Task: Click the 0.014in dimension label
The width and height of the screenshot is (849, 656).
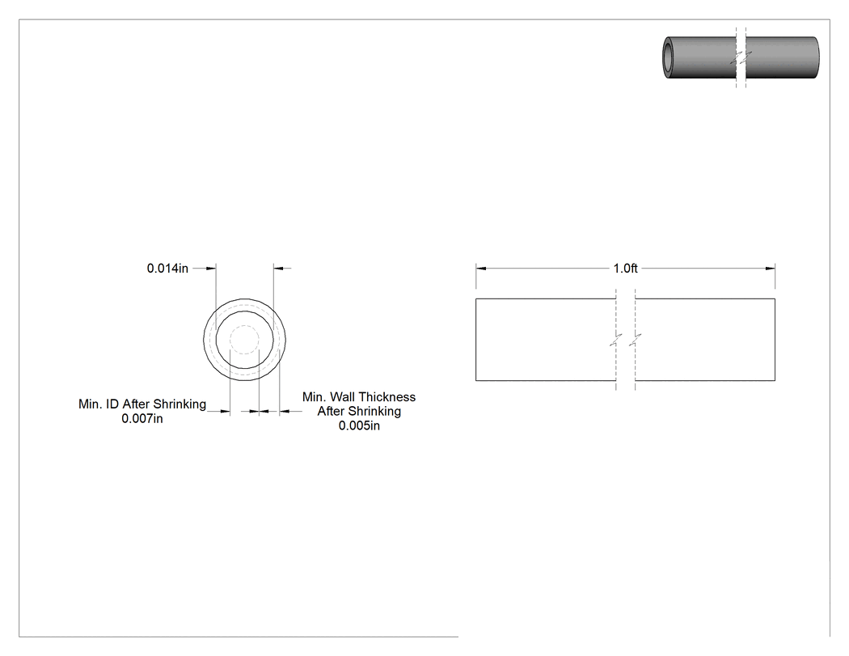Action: click(x=167, y=268)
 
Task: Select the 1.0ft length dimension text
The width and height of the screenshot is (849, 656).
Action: click(x=625, y=268)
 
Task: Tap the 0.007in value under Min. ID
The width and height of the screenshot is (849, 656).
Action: click(x=141, y=419)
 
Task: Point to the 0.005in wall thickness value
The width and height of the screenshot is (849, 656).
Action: click(x=359, y=425)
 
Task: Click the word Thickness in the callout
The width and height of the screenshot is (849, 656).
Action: click(x=387, y=397)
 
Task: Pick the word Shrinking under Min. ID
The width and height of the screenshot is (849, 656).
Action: click(x=180, y=404)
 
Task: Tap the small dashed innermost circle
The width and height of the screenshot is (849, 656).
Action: click(x=245, y=340)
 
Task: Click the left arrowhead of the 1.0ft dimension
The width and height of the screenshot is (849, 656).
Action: click(x=481, y=268)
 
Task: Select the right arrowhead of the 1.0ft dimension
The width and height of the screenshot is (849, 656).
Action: click(x=770, y=268)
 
